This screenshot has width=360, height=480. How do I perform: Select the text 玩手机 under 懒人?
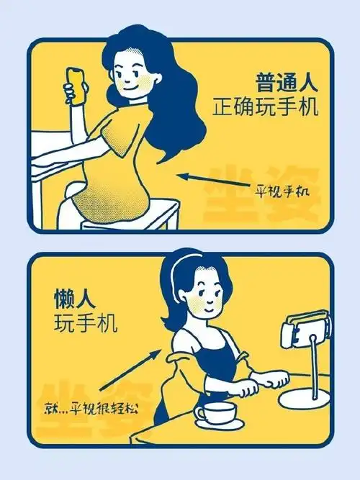pos(79,322)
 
